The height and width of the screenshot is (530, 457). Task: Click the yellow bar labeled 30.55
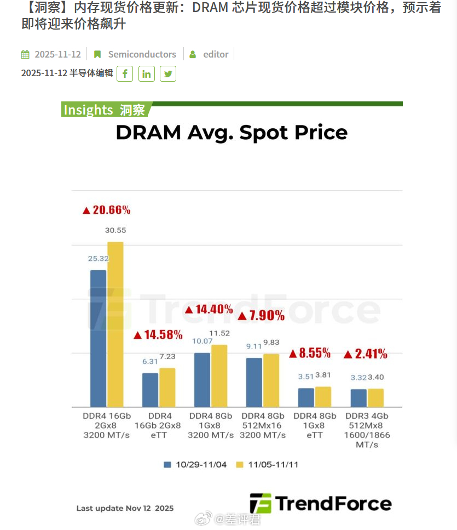click(115, 324)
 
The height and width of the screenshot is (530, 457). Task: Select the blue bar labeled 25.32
click(99, 338)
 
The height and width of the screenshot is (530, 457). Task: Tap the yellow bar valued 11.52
click(219, 376)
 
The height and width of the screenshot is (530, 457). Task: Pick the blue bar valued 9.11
click(254, 383)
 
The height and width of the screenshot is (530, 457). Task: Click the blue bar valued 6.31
click(150, 390)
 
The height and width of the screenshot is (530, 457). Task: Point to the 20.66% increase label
click(106, 210)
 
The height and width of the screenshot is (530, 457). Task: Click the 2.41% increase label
click(365, 354)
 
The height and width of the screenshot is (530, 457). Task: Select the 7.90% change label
click(261, 316)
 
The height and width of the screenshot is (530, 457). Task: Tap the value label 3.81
click(323, 376)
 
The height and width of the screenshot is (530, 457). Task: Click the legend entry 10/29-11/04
click(195, 465)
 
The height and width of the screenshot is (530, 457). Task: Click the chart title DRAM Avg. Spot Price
click(232, 133)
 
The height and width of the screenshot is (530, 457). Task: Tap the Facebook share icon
click(125, 73)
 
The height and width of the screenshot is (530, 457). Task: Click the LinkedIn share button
click(147, 73)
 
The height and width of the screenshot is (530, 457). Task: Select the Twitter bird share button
click(168, 73)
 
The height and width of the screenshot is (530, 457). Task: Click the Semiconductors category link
click(142, 54)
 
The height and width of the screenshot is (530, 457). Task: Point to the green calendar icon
click(25, 54)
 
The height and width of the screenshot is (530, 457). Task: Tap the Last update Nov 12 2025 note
click(125, 508)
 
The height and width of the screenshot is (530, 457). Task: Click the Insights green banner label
click(104, 110)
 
